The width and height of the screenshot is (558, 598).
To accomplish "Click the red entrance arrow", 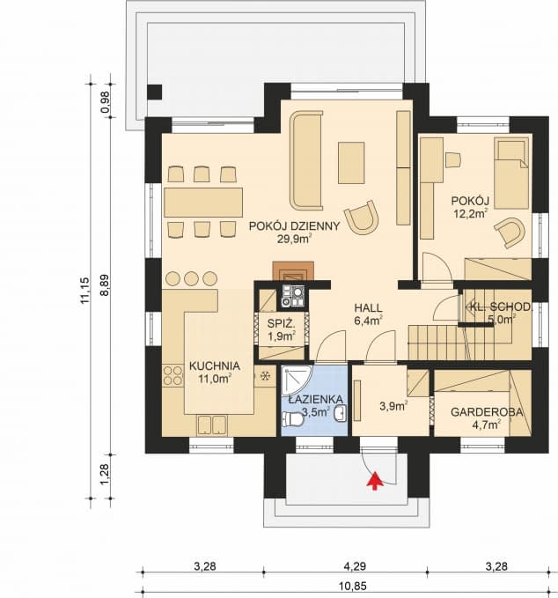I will (375, 480).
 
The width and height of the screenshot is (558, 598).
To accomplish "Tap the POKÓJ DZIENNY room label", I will (293, 225).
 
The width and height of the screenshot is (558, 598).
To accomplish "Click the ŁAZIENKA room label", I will (308, 398).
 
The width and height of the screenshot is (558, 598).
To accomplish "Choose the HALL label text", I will (368, 307).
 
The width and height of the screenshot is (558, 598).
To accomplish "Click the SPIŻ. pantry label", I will (280, 324).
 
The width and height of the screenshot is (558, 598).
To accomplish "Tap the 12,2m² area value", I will (471, 212).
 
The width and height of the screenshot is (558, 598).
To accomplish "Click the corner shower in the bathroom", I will (292, 380).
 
